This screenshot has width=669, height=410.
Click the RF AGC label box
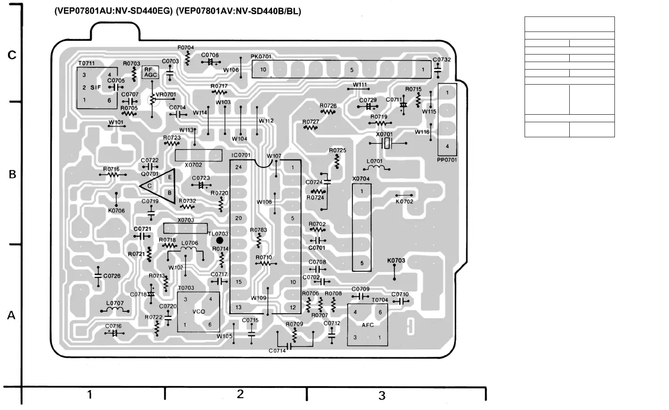(151, 72)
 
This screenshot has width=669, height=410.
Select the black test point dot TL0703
(219, 240)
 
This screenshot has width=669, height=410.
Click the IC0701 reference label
(241, 155)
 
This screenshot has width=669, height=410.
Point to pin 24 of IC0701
(239, 167)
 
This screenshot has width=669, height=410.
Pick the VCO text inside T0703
(199, 312)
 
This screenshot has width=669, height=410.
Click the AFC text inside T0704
(368, 325)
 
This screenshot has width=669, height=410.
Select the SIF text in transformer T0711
(96, 87)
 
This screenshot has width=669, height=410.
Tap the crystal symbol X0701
(387, 144)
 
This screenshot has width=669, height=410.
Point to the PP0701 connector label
(447, 160)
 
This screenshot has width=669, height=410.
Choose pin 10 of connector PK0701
(263, 70)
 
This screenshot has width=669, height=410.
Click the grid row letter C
(12, 55)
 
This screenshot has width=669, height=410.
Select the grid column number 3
(382, 395)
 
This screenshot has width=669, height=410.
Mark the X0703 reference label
(186, 220)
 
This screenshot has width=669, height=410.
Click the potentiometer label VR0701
(166, 95)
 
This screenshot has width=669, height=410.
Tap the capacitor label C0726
(112, 276)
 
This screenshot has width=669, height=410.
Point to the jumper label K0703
(396, 260)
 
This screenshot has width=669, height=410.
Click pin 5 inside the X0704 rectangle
(362, 263)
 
